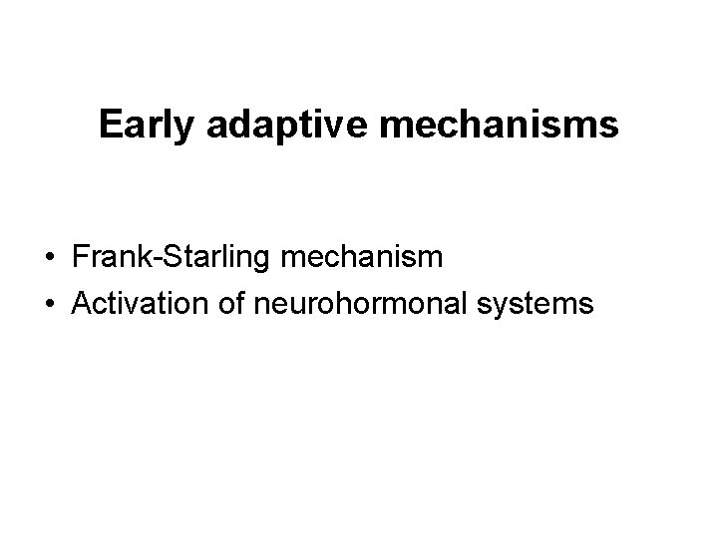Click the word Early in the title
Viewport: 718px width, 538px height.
pos(141,125)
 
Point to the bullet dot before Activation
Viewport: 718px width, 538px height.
pos(49,303)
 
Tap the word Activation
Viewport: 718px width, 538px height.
pos(133,302)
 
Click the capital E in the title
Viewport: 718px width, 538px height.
pos(110,125)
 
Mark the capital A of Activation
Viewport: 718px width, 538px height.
pos(81,302)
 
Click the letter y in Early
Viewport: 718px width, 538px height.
pos(176,129)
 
